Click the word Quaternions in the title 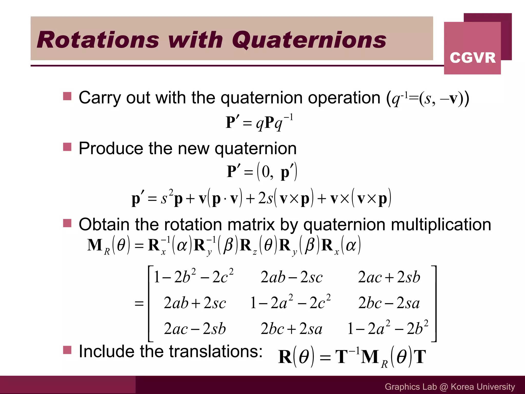coord(309,40)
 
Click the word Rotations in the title coord(98,40)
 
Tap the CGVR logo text coord(472,57)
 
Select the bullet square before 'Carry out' coord(67,96)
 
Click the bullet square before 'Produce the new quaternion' coord(67,147)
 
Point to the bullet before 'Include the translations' coord(67,350)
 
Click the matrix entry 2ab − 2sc coord(291,277)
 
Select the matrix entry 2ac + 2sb coord(389,277)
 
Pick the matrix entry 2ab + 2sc coord(195,303)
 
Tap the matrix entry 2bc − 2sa coord(389,303)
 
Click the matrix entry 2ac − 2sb coord(195,329)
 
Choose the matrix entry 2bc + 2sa coord(291,329)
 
